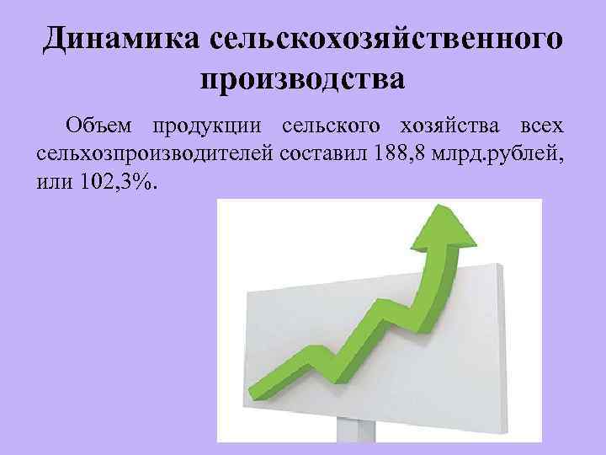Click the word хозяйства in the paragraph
pyautogui.click(x=441, y=127)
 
